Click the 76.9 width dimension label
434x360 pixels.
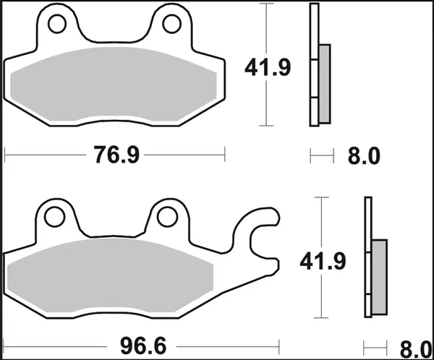[x=115, y=155]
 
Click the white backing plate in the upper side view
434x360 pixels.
[x=314, y=65]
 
